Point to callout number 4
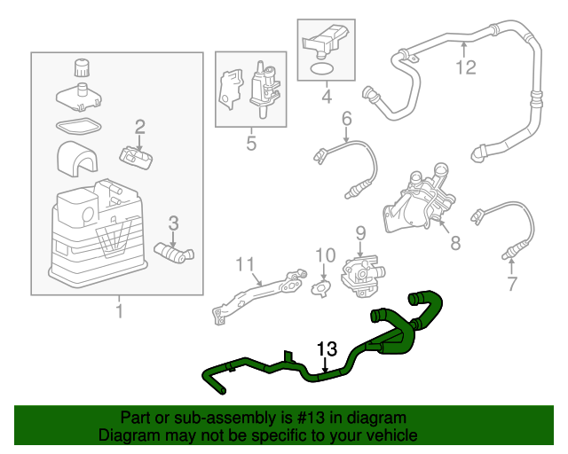click(326, 96)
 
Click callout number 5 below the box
click(251, 142)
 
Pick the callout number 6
click(346, 118)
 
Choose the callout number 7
click(511, 284)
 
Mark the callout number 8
click(455, 240)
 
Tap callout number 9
click(360, 233)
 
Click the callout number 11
click(244, 263)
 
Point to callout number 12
click(466, 67)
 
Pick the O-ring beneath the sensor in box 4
click(324, 67)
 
